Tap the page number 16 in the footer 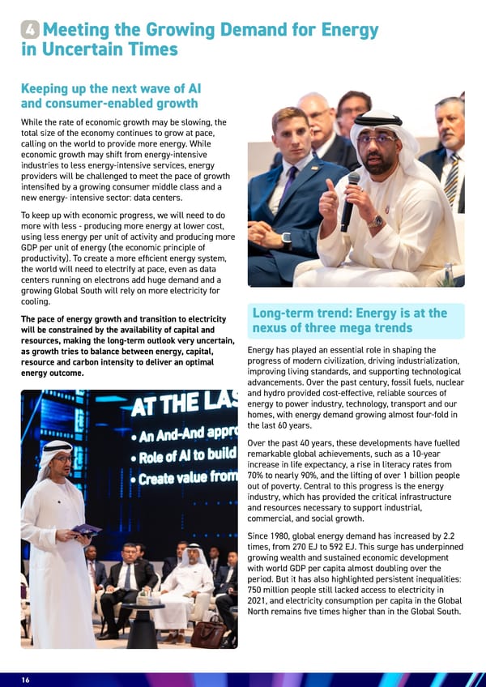[26, 680]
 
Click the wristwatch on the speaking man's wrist [375, 221]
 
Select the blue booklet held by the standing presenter [86, 531]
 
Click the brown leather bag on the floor [207, 634]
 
